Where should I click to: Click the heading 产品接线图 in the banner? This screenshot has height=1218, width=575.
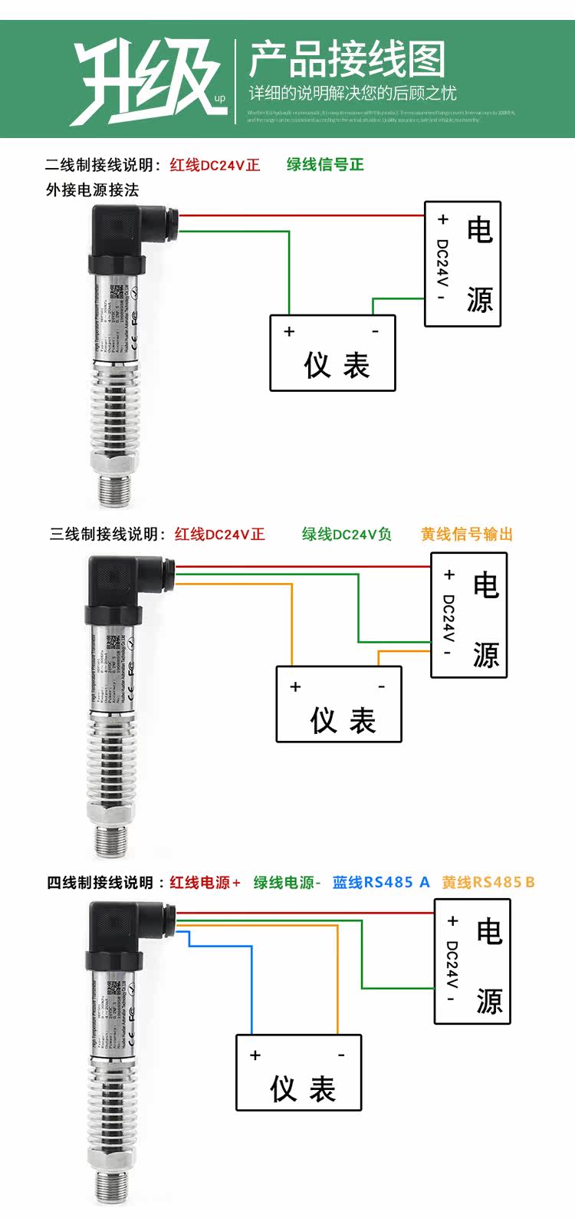pyautogui.click(x=347, y=61)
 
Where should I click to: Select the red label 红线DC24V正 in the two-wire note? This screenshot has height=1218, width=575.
pyautogui.click(x=215, y=165)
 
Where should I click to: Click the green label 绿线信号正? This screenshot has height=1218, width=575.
pyautogui.click(x=325, y=164)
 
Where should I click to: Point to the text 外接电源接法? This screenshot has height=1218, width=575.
pyautogui.click(x=92, y=189)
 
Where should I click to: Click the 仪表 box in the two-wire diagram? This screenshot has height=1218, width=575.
pyautogui.click(x=333, y=353)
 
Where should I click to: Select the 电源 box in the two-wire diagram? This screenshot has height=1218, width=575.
pyautogui.click(x=462, y=264)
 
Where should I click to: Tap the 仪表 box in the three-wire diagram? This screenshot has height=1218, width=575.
pyautogui.click(x=339, y=703)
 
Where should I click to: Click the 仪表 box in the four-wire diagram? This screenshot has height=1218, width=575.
pyautogui.click(x=298, y=1072)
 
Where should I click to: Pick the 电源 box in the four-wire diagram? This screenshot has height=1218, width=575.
pyautogui.click(x=472, y=961)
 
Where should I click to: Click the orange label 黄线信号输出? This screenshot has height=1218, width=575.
pyautogui.click(x=466, y=535)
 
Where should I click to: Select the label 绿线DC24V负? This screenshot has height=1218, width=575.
pyautogui.click(x=347, y=535)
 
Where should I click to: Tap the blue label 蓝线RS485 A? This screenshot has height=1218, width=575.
pyautogui.click(x=381, y=882)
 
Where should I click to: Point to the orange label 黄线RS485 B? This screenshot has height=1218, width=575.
pyautogui.click(x=488, y=882)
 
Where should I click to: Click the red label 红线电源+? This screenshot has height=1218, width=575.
pyautogui.click(x=205, y=883)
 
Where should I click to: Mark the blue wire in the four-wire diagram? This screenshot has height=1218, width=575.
pyautogui.click(x=251, y=989)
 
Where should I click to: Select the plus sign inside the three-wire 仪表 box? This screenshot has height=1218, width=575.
pyautogui.click(x=295, y=687)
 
